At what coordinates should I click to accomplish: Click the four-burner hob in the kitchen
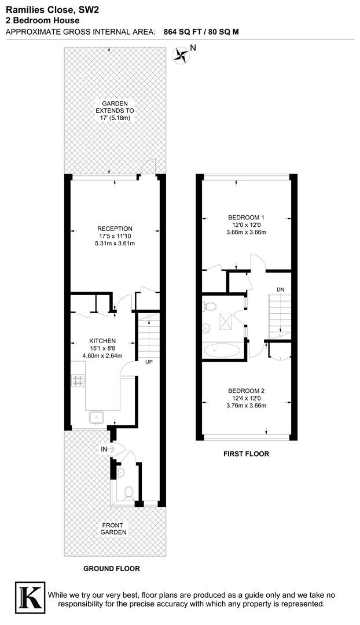point(79,380)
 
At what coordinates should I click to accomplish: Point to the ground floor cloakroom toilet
point(128,492)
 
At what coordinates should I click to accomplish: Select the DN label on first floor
point(280,289)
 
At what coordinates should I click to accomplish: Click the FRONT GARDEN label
point(114,528)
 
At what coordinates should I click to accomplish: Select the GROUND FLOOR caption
point(112,568)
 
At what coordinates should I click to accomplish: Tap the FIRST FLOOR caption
point(246,454)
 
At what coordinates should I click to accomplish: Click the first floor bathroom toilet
point(210,306)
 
